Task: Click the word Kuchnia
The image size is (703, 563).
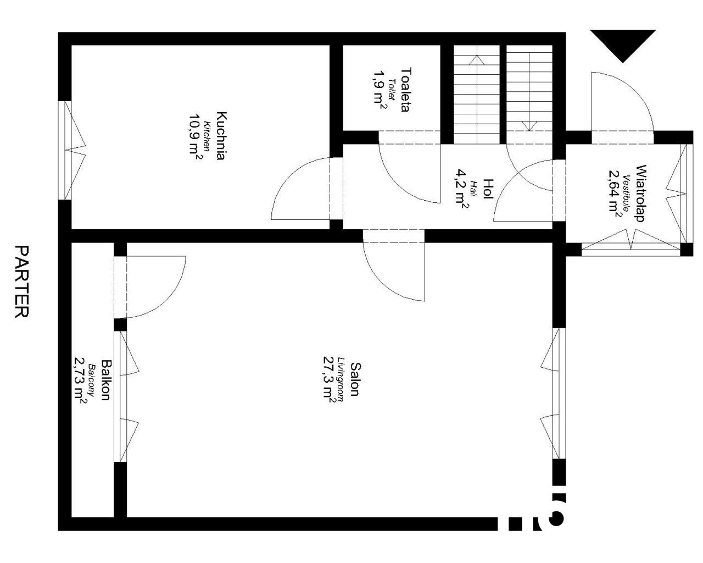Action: tap(221, 136)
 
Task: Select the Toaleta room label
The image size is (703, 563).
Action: tap(406, 90)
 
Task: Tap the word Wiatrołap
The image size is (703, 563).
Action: tap(640, 193)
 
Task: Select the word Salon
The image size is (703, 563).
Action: tap(355, 379)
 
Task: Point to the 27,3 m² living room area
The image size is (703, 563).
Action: tap(329, 379)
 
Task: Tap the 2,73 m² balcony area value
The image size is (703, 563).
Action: tap(80, 380)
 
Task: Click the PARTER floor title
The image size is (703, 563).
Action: tap(22, 281)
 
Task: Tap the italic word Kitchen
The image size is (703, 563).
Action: tap(207, 136)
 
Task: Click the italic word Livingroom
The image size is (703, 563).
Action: tap(341, 379)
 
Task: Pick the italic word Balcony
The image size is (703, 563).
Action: tap(92, 380)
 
